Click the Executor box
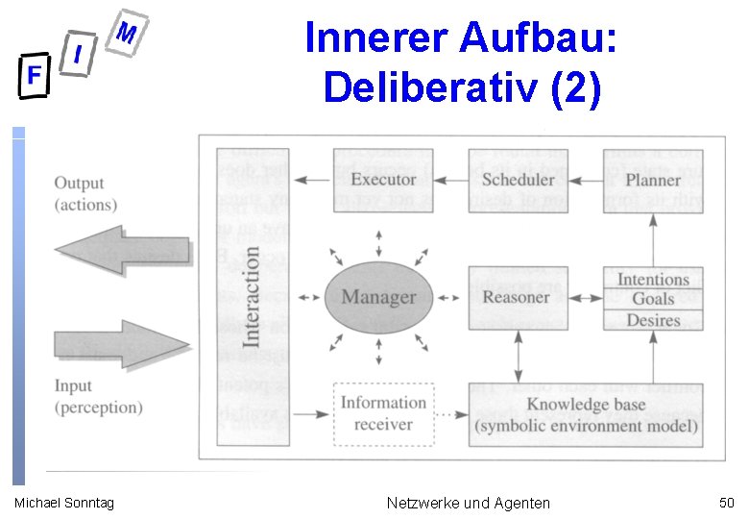click(x=383, y=180)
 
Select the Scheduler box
click(x=519, y=180)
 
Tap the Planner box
click(x=653, y=180)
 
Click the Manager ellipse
click(x=378, y=297)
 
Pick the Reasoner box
click(x=517, y=297)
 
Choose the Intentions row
click(x=653, y=280)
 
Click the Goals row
click(x=653, y=299)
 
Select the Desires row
click(x=653, y=319)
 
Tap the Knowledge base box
click(x=586, y=414)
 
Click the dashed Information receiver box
click(x=383, y=413)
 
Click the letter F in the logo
click(x=34, y=76)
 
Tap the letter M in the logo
click(x=127, y=35)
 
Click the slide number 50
click(x=726, y=502)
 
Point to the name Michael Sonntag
click(x=63, y=503)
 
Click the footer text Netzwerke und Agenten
click(x=468, y=503)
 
